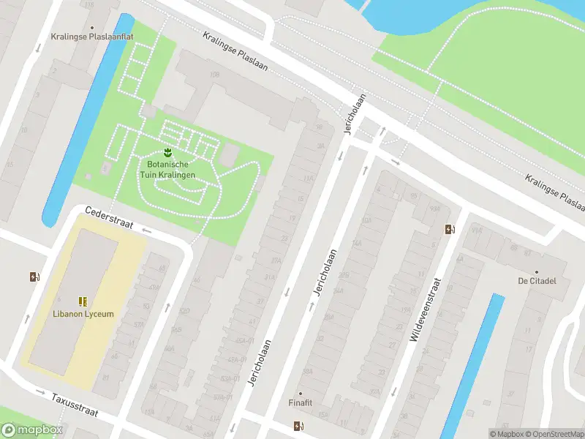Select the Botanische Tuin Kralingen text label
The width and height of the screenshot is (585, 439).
[x=168, y=170]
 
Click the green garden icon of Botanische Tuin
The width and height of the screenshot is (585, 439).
[x=168, y=152]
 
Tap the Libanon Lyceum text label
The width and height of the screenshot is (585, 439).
[x=83, y=314]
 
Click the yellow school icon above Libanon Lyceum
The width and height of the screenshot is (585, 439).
[x=83, y=301]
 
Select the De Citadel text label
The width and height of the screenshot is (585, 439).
[x=537, y=281]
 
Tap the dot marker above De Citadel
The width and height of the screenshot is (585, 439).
[x=537, y=271]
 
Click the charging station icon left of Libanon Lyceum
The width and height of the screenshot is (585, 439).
[x=34, y=277]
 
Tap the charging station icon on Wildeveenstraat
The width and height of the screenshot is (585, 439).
[x=449, y=230]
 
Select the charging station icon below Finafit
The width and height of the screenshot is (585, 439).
[x=298, y=426]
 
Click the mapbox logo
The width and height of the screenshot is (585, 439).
[x=32, y=430]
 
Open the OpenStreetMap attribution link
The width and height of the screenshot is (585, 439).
[x=554, y=434]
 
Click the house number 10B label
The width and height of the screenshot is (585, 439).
[x=214, y=75]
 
